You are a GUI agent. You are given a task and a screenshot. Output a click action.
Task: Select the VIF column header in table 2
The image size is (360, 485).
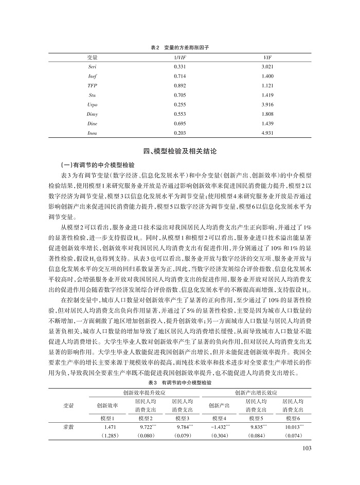(266, 57)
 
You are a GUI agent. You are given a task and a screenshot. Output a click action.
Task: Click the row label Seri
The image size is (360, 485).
(93, 67)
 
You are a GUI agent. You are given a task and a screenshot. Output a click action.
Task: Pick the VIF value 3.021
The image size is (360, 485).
(266, 67)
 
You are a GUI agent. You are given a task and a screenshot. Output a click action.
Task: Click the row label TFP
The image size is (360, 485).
(93, 85)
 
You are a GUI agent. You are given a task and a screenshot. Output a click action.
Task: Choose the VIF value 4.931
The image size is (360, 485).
(266, 133)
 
